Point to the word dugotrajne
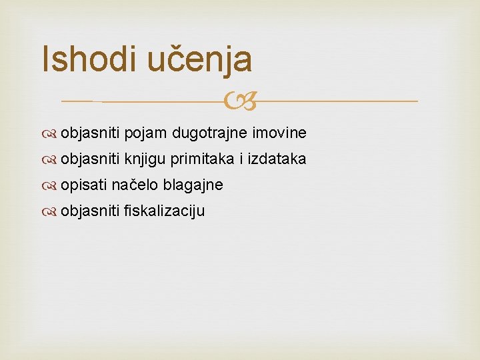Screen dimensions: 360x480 click(209, 133)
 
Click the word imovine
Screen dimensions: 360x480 click(279, 133)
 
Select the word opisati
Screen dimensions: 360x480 click(84, 185)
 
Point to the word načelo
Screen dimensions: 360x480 click(135, 185)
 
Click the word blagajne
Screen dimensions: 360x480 click(193, 185)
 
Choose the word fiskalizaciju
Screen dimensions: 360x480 click(165, 211)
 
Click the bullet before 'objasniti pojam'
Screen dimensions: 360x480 click(51, 134)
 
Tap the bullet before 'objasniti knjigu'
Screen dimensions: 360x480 click(51, 160)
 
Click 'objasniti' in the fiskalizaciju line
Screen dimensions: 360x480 click(90, 211)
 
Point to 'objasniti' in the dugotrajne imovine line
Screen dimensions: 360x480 click(90, 133)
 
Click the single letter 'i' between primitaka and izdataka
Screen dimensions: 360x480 click(241, 159)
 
